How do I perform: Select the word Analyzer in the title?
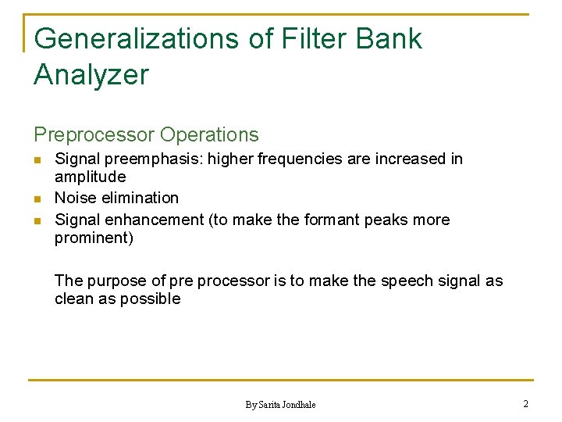(x=91, y=75)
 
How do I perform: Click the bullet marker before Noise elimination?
(x=37, y=198)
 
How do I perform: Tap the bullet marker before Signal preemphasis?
(x=37, y=160)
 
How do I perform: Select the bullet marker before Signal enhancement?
(x=37, y=221)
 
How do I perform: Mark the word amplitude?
(x=90, y=177)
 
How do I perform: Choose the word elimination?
(x=141, y=198)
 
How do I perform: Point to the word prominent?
(x=94, y=238)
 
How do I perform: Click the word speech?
(x=407, y=281)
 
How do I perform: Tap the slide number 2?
(x=525, y=404)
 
